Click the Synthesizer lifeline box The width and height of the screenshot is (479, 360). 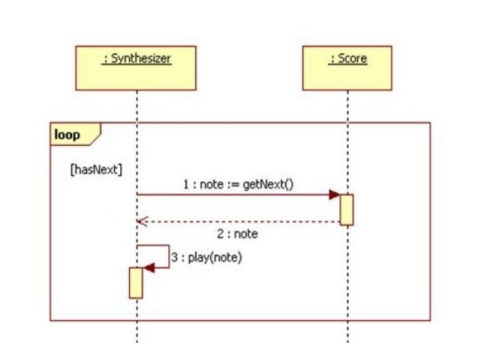coord(136,68)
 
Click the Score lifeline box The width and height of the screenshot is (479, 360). coord(347,68)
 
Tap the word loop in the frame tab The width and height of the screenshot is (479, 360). coord(67,135)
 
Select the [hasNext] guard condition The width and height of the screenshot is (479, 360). coord(95,170)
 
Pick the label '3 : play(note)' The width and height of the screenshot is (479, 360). coord(207,257)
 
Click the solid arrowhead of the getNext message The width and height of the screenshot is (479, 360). coord(334,195)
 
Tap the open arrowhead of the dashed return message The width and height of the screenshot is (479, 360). coord(142,222)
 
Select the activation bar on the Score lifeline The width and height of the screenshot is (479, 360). coord(347,210)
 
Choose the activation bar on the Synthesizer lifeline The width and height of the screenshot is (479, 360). coord(136,283)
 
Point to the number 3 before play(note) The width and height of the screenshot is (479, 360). coord(174,257)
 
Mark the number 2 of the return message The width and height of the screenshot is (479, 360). coord(218,234)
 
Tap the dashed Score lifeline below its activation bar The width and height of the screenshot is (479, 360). coord(347,271)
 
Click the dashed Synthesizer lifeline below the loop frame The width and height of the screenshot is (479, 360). coord(136,334)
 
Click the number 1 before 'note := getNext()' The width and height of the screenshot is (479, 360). coord(185,184)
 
